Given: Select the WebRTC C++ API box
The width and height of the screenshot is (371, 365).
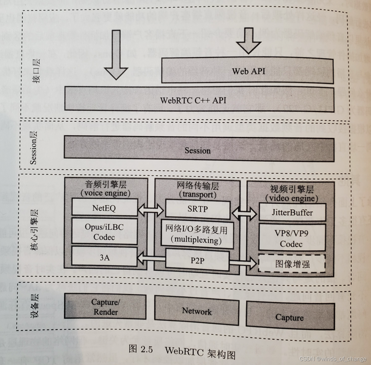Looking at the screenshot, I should (x=199, y=100).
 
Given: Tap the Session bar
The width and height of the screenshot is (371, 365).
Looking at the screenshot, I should (x=198, y=150).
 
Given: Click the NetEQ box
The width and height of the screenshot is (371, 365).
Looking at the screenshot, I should (x=104, y=207).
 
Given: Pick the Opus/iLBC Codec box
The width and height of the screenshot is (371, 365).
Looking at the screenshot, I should (x=104, y=232).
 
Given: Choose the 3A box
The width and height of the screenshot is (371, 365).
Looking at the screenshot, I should (x=104, y=257).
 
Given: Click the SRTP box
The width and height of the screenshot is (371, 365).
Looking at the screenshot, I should (x=198, y=209).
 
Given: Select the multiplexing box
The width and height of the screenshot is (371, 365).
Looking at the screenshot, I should (x=197, y=235).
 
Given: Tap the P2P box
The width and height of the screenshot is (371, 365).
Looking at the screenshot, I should (x=197, y=260).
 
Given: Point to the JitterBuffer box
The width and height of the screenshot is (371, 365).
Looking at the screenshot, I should (x=292, y=212).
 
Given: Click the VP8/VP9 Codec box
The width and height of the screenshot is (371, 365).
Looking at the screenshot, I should (x=292, y=238).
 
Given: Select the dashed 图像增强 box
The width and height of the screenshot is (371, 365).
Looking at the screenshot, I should (x=292, y=264).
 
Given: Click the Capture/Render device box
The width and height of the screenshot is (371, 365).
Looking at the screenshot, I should (x=105, y=307).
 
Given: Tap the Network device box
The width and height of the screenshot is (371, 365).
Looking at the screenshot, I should (x=197, y=311).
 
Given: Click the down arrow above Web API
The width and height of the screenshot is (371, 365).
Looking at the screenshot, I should (x=249, y=41).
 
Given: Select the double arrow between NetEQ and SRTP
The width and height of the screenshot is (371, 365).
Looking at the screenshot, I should (x=151, y=208).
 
